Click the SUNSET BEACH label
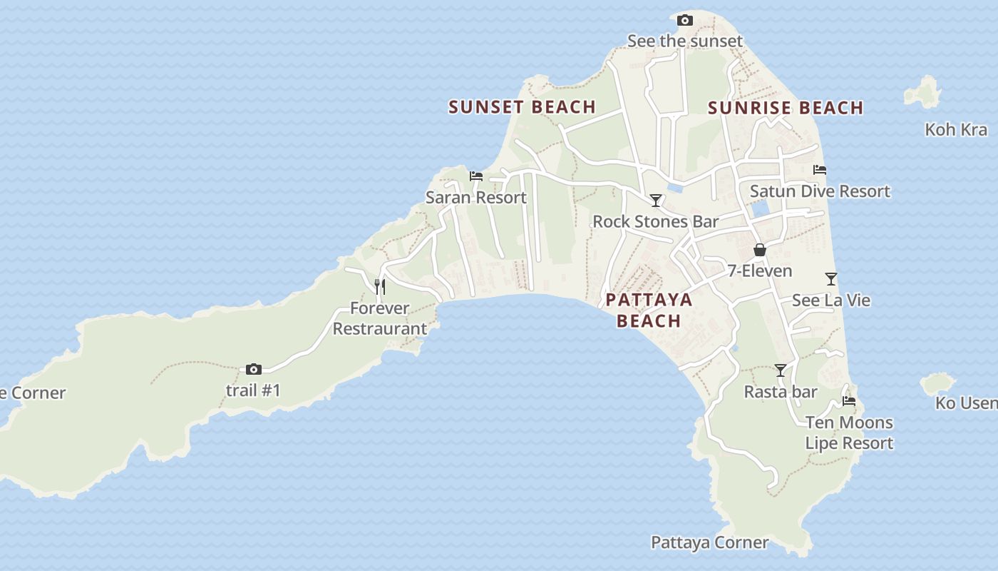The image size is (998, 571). pos(522,107)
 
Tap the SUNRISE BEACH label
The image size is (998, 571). pos(786,108)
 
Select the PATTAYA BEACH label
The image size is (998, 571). pos(649,310)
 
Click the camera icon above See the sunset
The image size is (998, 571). pos(684,20)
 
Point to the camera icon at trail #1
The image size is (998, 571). pos(253,369)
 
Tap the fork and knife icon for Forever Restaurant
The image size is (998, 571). pos(380,287)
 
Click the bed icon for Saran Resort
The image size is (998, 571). pos(476,176)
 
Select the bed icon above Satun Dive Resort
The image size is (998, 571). pos(820,170)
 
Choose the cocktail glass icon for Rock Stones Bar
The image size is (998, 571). pos(656,201)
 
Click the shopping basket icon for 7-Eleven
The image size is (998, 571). pos(760,250)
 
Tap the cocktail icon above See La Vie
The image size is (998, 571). pos(830,278)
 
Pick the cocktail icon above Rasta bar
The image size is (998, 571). pos(781,370)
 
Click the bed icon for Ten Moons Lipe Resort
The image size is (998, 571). pos(848,401)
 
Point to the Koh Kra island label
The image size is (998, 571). pos(956,130)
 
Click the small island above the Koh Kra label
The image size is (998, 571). pos(924,94)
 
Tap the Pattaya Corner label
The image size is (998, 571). pos(710,542)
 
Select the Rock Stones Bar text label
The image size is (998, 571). pos(656,222)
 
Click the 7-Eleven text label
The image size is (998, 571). pos(760,271)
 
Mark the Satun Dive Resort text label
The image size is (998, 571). pos(820,191)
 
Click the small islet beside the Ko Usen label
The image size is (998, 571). pos(937,383)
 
